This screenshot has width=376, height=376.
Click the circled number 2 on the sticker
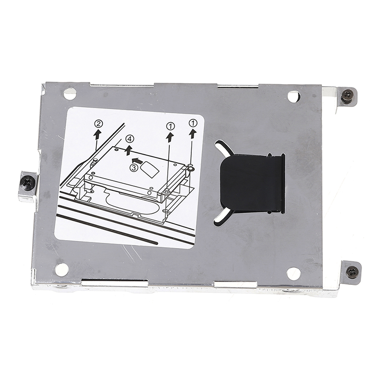point(99,124)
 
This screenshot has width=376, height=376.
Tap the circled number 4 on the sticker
point(130,139)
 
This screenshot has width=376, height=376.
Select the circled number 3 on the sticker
point(134,168)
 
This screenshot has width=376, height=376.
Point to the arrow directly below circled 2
point(97,135)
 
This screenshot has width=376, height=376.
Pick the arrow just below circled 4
point(129,150)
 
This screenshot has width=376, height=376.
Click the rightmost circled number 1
point(193,123)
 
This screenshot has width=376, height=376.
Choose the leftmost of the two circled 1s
point(171,125)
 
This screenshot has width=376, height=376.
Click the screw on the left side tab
point(28,183)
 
